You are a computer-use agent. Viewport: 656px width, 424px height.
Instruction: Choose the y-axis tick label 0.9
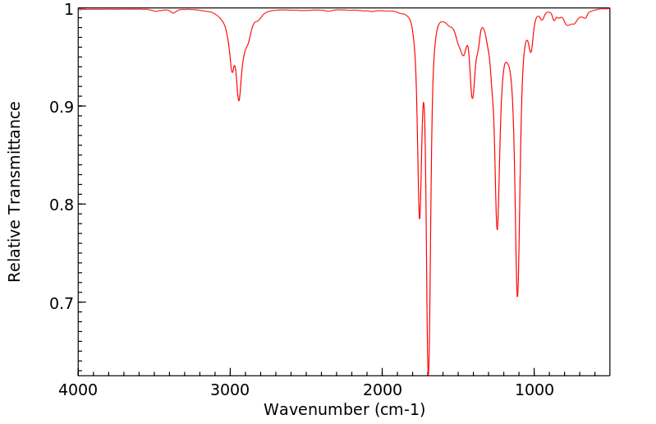pyautogui.click(x=60, y=107)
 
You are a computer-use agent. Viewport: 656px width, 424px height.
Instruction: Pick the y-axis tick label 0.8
pyautogui.click(x=60, y=205)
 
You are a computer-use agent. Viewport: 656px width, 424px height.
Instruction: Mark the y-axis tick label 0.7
pyautogui.click(x=60, y=302)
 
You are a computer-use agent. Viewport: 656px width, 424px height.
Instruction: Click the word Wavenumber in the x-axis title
pyautogui.click(x=316, y=409)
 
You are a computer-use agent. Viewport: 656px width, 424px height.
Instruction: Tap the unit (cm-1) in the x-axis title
pyautogui.click(x=399, y=409)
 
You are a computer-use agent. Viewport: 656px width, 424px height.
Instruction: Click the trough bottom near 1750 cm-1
pyautogui.click(x=420, y=219)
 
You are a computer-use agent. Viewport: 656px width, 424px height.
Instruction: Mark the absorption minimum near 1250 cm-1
pyautogui.click(x=497, y=229)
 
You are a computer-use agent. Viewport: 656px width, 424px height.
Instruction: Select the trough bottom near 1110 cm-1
pyautogui.click(x=517, y=297)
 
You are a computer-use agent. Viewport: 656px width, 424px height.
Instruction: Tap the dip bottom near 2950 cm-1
pyautogui.click(x=239, y=100)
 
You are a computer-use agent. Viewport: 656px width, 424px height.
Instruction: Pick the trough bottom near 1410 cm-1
pyautogui.click(x=472, y=99)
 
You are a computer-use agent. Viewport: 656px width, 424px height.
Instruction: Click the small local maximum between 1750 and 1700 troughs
pyautogui.click(x=424, y=103)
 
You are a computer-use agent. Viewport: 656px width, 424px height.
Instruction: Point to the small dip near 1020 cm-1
pyautogui.click(x=531, y=52)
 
